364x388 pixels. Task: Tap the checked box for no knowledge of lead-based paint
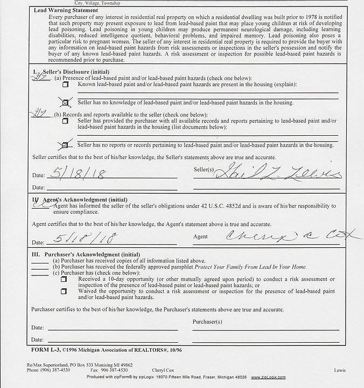(x=66, y=102)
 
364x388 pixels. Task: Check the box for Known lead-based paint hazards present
(x=66, y=85)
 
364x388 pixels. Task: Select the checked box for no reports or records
(x=66, y=145)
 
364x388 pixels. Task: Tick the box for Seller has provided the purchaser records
(x=66, y=121)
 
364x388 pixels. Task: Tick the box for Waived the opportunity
(x=64, y=292)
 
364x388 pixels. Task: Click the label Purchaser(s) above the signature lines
(x=207, y=322)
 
